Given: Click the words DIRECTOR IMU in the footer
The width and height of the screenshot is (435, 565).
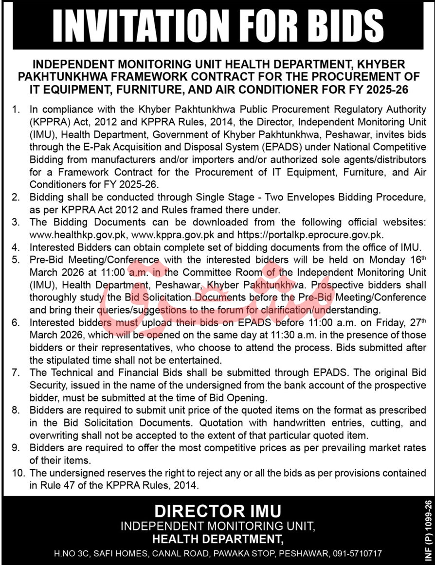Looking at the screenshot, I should click(218, 511).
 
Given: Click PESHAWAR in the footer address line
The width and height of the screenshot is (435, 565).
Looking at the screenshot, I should click(306, 553).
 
